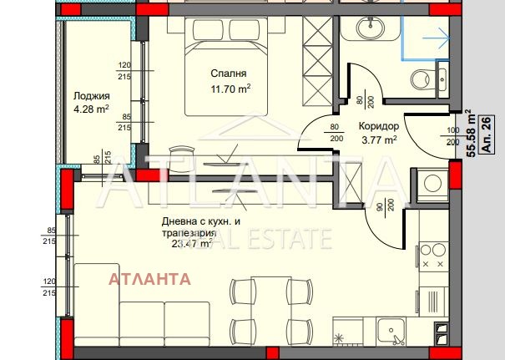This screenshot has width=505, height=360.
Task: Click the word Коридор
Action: tap(377, 126)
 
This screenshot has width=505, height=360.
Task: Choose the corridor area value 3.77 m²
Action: tap(377, 139)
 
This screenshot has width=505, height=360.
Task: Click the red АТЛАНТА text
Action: tap(149, 278)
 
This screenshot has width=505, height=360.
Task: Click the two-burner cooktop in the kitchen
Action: tap(435, 256)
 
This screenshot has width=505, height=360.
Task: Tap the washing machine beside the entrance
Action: tap(432, 184)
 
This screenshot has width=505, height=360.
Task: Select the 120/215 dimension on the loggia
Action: tap(124, 70)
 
